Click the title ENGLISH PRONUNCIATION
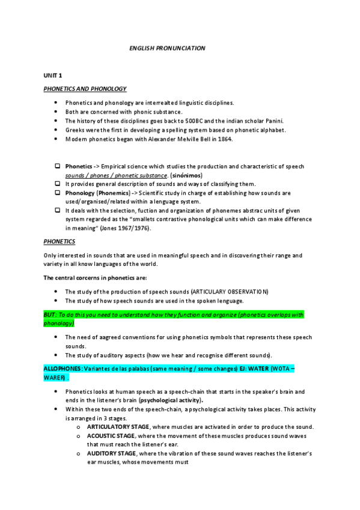[x=167, y=48]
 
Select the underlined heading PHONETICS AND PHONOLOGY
[x=85, y=88]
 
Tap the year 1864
[x=223, y=139]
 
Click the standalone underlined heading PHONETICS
[x=59, y=241]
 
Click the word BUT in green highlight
[x=49, y=314]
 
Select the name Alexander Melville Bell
[x=175, y=139]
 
